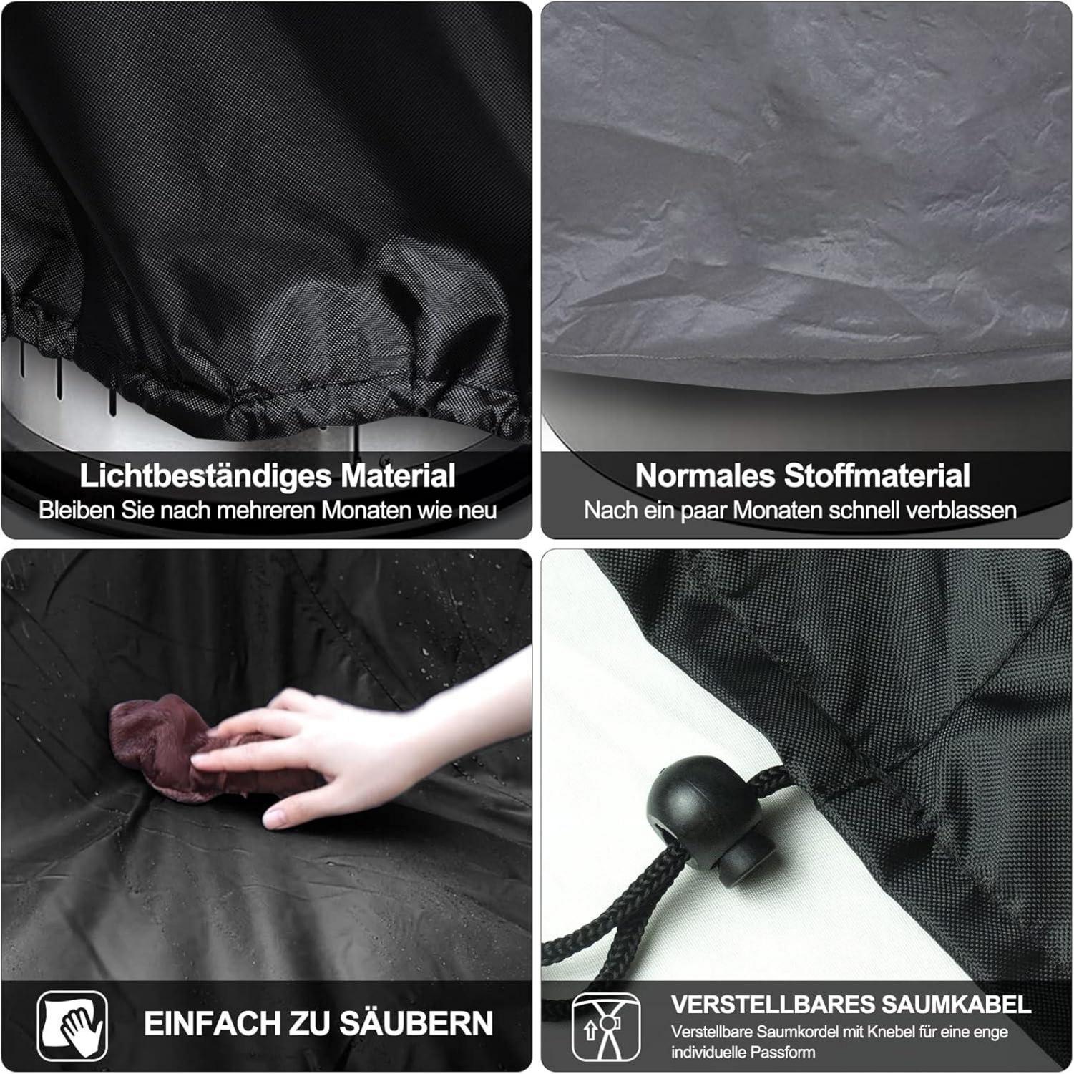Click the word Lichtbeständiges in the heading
(x=205, y=476)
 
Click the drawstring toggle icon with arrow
(x=607, y=1027)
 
